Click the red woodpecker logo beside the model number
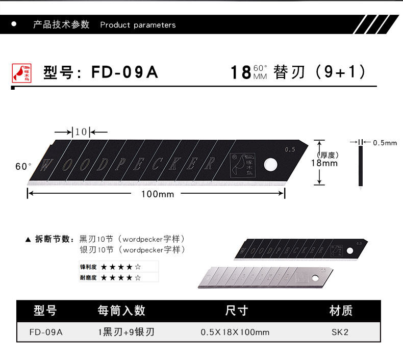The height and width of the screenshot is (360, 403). coord(21,72)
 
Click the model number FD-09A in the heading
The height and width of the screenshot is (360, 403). coord(125,72)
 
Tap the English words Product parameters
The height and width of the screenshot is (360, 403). coord(138,25)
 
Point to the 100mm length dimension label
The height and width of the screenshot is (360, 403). coord(158,194)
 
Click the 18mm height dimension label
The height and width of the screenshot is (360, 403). coord(324,163)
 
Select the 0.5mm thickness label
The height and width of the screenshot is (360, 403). coord(385,143)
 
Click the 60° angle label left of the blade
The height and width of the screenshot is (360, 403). coord(23,166)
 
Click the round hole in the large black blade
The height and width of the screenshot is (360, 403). coord(269,164)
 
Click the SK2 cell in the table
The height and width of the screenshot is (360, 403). coord(340,332)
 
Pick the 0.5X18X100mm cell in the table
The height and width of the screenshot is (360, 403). coord(235,332)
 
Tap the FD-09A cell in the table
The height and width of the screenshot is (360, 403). coord(46,332)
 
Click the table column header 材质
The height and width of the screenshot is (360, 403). coord(341,310)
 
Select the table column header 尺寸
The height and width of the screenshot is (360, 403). coord(236,310)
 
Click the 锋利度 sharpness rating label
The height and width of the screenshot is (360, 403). coord(88,267)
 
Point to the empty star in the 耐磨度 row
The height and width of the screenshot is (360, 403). coord(138,278)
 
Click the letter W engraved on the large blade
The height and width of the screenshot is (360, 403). coord(46,165)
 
